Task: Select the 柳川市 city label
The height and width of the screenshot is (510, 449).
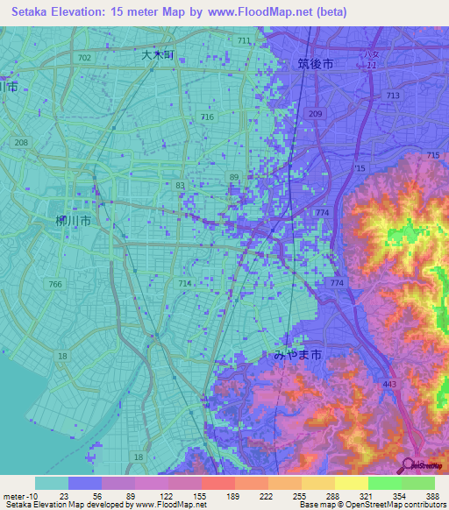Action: coord(73,221)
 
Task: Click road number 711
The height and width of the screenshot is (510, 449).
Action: coord(243,41)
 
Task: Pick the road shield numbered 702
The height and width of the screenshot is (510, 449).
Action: coord(84,57)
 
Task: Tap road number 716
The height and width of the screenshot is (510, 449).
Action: coord(207,117)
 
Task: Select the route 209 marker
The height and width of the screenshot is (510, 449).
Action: coord(316,115)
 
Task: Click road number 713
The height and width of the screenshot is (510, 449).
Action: coord(392,95)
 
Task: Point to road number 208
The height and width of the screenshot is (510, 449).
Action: coord(21,142)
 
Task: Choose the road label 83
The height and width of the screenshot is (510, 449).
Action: coord(180,185)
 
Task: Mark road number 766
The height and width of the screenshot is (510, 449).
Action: coord(55,284)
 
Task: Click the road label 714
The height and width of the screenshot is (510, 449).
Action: coord(184,284)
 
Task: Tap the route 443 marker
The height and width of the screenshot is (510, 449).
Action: coord(392,383)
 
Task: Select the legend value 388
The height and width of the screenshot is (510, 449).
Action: coord(433,494)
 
